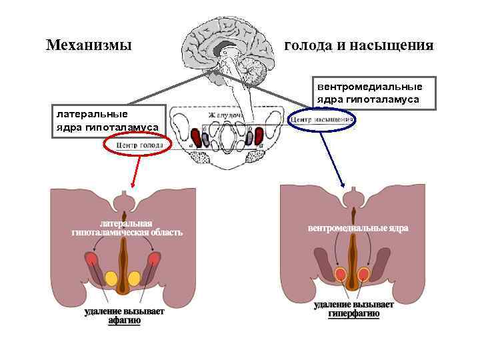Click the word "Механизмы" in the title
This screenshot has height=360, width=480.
pos(89,46)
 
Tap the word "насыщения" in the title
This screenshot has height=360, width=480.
pos(398,46)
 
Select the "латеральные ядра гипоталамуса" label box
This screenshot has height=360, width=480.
pos(107,120)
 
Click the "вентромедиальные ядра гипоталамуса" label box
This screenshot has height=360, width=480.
pos(369,93)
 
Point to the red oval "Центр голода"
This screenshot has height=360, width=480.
pos(137,145)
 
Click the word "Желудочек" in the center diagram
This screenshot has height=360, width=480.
pos(228,115)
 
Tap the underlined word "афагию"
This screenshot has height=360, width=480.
pos(125,320)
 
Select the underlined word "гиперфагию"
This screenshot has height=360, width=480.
pos(353,313)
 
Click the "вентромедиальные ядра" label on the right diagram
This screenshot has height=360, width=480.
pos(358,228)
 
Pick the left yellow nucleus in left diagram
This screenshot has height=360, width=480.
pos(111,278)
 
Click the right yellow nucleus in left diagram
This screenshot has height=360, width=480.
pos(134,278)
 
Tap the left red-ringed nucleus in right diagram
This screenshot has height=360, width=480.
pos(341,273)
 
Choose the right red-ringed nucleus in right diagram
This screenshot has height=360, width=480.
pos(364,273)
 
